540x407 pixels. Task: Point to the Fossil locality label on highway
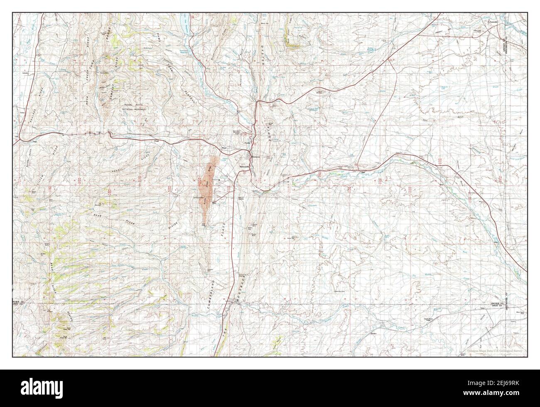click(157, 141)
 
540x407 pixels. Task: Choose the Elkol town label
click(214, 203)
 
